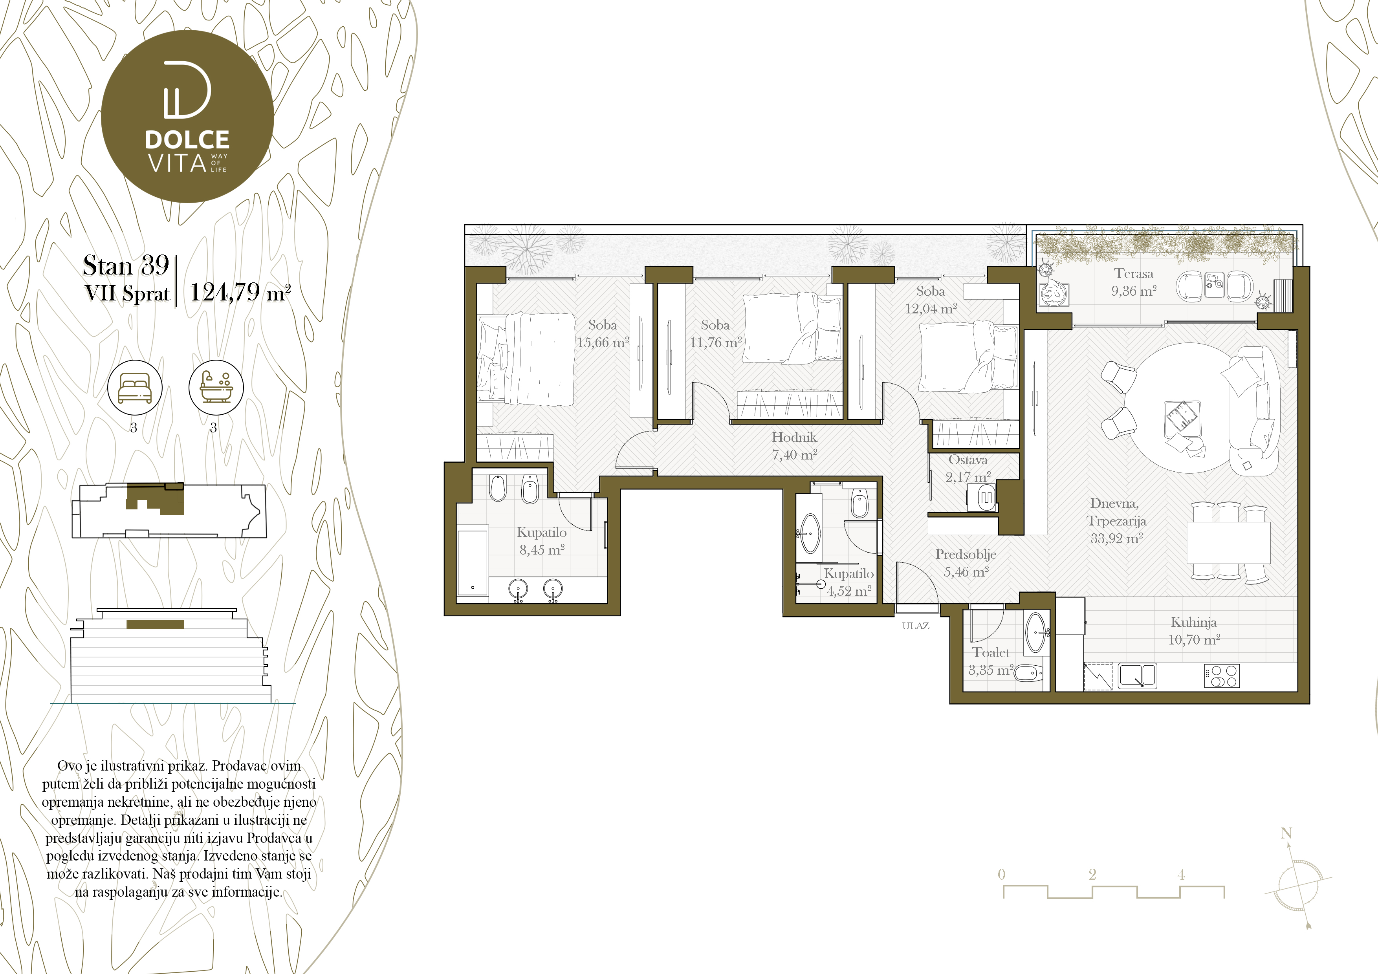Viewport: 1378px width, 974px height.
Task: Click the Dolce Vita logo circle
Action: click(x=187, y=116)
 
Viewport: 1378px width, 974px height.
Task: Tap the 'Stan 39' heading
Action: click(x=126, y=265)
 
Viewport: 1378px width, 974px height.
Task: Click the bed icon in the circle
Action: click(x=134, y=388)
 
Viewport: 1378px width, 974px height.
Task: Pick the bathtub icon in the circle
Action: click(x=216, y=388)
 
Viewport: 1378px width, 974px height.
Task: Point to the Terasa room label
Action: click(x=1134, y=274)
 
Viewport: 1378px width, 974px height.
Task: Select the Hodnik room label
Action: click(x=794, y=437)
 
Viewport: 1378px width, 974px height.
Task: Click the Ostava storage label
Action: click(x=968, y=460)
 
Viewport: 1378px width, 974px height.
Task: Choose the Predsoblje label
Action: click(x=966, y=555)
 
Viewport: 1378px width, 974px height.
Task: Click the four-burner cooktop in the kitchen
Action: click(x=1221, y=676)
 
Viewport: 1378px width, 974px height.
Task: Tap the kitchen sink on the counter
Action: click(x=1137, y=676)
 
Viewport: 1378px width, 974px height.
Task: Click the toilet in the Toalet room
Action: click(x=1029, y=674)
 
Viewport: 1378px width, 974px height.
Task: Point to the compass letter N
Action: click(x=1286, y=833)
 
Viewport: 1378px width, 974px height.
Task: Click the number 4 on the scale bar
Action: click(x=1181, y=874)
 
